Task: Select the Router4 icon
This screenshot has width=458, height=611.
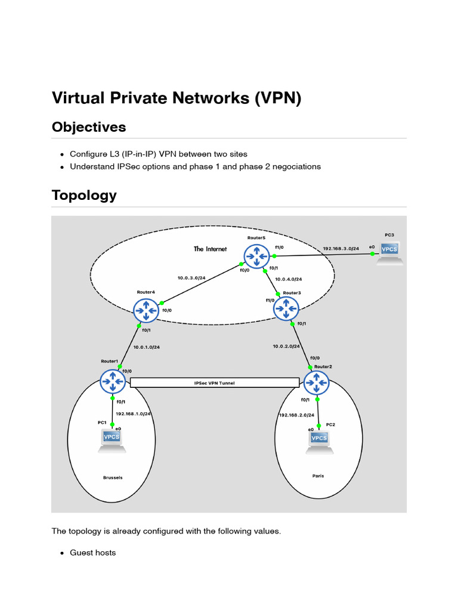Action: point(147,309)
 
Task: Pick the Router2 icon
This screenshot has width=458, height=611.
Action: point(316,382)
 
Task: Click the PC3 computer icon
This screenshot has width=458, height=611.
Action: point(389,251)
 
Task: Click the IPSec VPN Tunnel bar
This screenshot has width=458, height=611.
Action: point(215,382)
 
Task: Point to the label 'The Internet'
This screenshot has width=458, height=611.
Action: point(210,249)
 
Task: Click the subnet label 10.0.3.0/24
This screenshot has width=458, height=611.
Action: point(191,277)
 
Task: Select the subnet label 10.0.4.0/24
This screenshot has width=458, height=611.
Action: point(289,279)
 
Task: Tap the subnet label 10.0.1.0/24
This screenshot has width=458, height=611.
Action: point(147,347)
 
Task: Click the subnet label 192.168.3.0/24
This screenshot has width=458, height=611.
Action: point(341,249)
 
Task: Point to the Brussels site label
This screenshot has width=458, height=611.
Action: point(112,477)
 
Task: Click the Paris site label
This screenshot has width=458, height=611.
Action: point(318,476)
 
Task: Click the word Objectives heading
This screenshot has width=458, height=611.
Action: point(89,127)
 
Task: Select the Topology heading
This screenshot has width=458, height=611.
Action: point(84,195)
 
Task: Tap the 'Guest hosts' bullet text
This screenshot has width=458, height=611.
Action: point(93,553)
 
